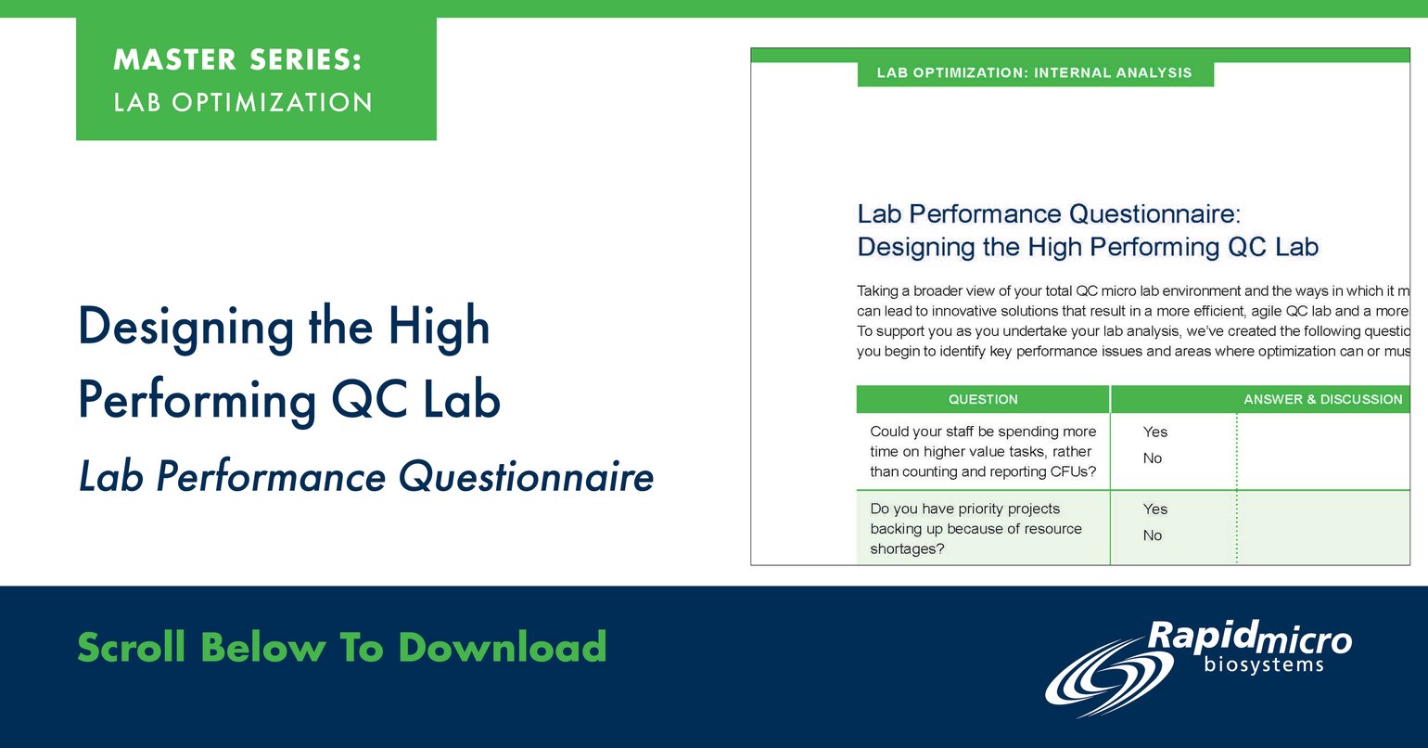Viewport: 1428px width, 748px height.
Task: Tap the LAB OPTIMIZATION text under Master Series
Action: (243, 102)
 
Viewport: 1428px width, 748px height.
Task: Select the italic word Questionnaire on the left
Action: (526, 477)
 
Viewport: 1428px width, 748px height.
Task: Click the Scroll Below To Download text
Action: (341, 647)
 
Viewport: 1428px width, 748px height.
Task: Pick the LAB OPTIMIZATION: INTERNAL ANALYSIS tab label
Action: (1035, 72)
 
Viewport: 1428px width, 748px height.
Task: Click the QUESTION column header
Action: (983, 399)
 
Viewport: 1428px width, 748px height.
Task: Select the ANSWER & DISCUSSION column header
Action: (1322, 399)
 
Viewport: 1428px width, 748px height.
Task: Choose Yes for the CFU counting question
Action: (1155, 432)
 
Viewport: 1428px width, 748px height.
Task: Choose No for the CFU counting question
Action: (1153, 458)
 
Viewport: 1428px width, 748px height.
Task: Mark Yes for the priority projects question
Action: (1155, 509)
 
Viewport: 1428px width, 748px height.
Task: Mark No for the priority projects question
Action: (1153, 535)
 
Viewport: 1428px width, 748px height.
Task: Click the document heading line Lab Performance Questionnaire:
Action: (1049, 214)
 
